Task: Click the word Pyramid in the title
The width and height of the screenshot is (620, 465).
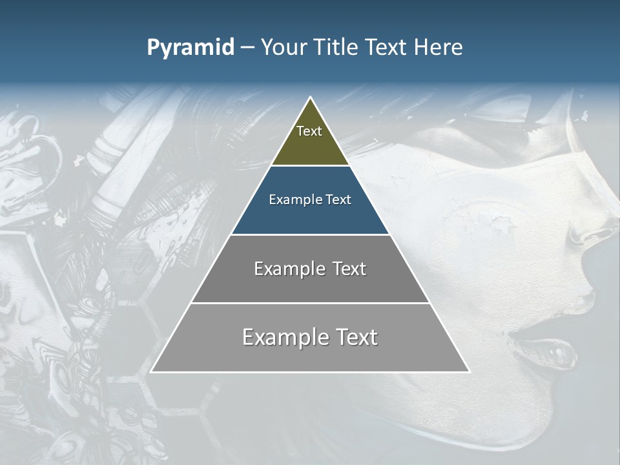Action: click(x=191, y=48)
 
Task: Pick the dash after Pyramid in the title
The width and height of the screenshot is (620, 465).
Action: click(x=247, y=48)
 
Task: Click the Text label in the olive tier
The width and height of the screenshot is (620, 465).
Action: click(x=309, y=131)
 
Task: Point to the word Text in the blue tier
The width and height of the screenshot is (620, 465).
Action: click(x=338, y=200)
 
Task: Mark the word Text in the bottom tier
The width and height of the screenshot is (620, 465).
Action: click(x=355, y=337)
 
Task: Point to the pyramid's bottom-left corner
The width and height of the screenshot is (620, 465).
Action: click(x=152, y=371)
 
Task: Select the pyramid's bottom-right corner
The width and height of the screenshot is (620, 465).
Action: click(x=469, y=371)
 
